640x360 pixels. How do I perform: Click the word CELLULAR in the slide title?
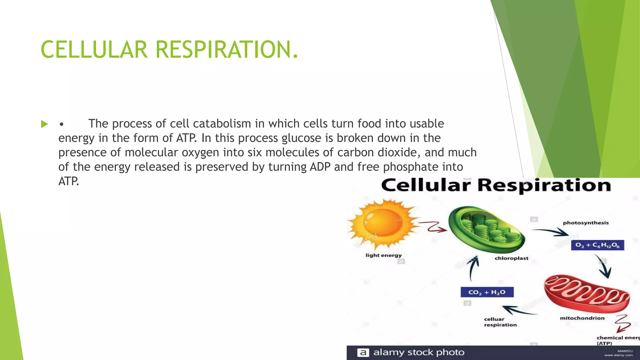[x=94, y=49]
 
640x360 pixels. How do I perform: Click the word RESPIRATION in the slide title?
[x=223, y=49]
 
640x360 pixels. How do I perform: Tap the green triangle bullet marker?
[x=44, y=124]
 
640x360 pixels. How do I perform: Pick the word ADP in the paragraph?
[x=320, y=167]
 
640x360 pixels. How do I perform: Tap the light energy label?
[x=383, y=255]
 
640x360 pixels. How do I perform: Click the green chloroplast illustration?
[x=487, y=229]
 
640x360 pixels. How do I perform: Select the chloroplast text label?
[x=511, y=258]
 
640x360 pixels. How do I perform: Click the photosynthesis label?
[x=586, y=223]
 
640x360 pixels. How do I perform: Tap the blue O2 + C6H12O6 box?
[x=597, y=245]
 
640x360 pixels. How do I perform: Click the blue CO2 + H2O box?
[x=487, y=292]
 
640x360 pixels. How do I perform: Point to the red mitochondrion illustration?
[x=586, y=294]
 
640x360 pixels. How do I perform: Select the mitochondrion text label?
[x=582, y=318]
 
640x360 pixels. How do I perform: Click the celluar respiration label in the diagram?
[x=500, y=322]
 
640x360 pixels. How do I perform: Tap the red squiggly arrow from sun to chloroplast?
[x=433, y=227]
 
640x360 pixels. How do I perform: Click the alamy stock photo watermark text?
[x=419, y=352]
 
